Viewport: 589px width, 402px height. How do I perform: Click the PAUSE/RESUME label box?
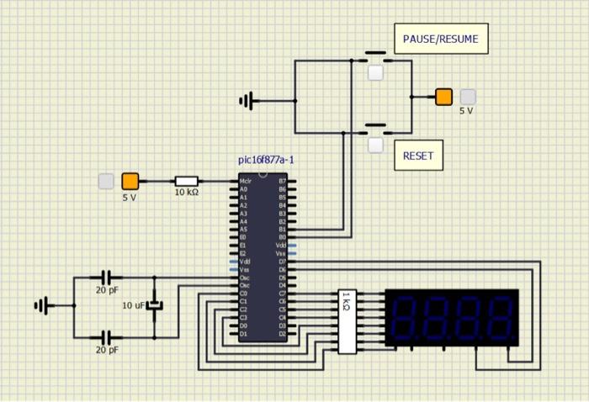pyautogui.click(x=440, y=39)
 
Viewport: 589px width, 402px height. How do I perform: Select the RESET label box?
pyautogui.click(x=418, y=156)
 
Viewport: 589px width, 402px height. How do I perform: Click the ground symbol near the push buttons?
pyautogui.click(x=247, y=101)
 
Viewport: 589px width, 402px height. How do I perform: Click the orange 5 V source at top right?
pyautogui.click(x=443, y=97)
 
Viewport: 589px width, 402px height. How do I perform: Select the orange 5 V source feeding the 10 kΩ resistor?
pyautogui.click(x=130, y=181)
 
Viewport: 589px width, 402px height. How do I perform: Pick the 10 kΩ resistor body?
pyautogui.click(x=186, y=181)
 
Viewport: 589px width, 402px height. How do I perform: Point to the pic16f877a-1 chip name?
pyautogui.click(x=266, y=160)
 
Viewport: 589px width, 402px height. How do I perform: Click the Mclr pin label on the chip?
pyautogui.click(x=246, y=181)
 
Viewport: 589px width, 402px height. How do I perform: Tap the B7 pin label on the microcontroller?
pyautogui.click(x=282, y=181)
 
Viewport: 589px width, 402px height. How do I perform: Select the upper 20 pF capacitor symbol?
pyautogui.click(x=106, y=277)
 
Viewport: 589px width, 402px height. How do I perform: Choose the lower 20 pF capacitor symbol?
pyautogui.click(x=106, y=336)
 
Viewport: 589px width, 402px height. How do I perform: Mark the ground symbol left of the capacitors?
pyautogui.click(x=41, y=305)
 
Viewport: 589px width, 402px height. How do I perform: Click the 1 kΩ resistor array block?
pyautogui.click(x=347, y=321)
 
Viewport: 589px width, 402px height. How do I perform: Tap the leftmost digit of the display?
pyautogui.click(x=406, y=317)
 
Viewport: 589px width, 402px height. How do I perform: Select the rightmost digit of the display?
pyautogui.click(x=499, y=317)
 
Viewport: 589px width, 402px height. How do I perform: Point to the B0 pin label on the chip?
pyautogui.click(x=282, y=235)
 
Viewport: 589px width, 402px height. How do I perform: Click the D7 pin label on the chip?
pyautogui.click(x=282, y=261)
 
